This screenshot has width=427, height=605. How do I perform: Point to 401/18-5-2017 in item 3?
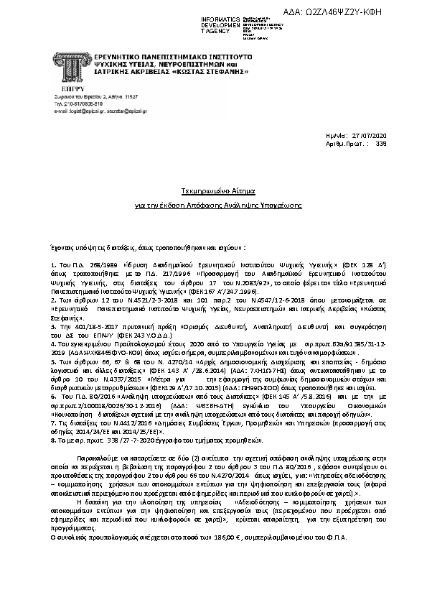pyautogui.click(x=80, y=327)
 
